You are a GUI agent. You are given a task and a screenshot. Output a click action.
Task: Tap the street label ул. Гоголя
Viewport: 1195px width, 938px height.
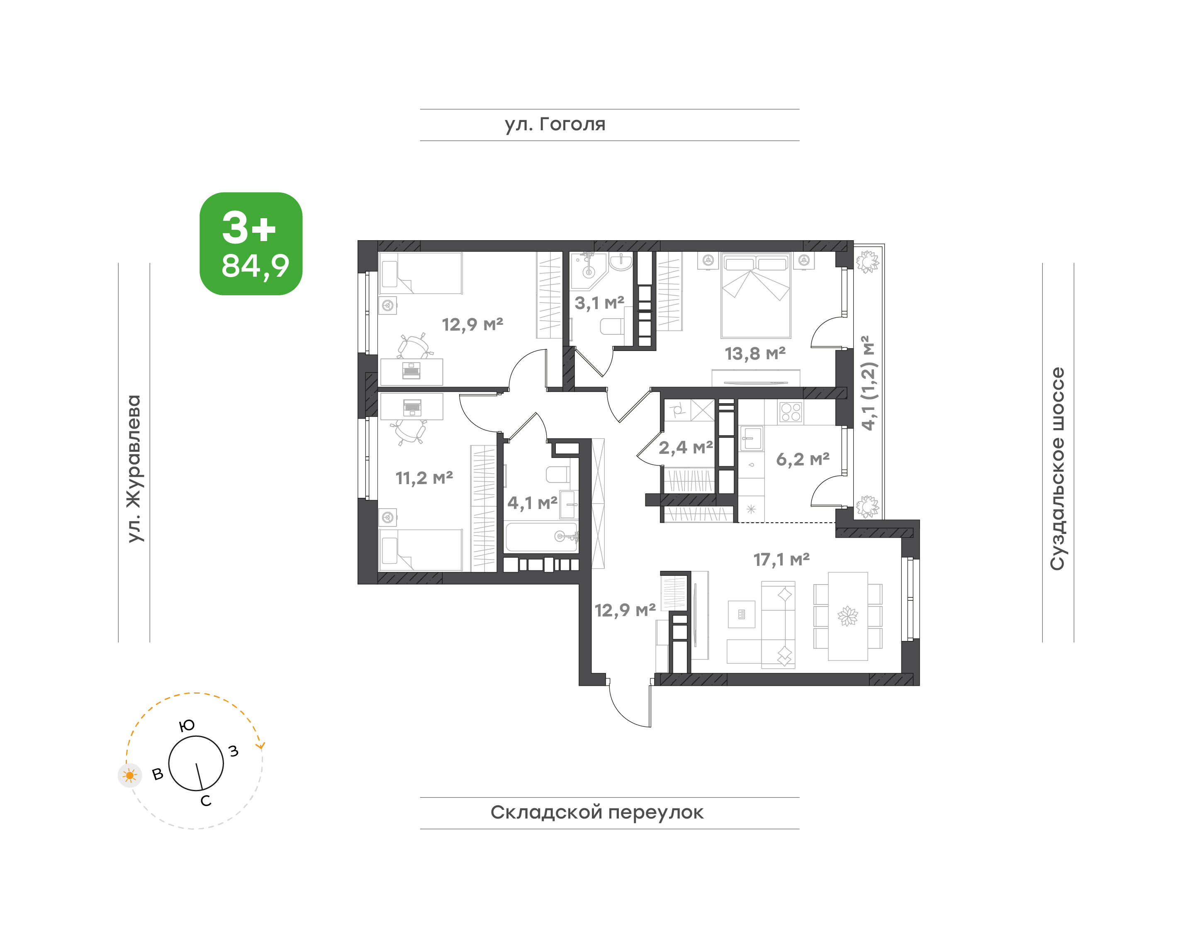[x=555, y=124]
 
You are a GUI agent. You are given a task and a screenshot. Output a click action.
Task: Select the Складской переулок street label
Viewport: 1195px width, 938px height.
[x=596, y=812]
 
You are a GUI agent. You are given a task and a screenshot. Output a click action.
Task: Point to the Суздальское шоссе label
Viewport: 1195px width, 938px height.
[x=1057, y=468]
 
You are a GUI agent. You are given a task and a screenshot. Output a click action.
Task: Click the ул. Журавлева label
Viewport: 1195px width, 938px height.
[x=134, y=468]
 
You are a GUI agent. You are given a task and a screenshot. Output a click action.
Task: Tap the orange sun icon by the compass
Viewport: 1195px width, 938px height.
[x=129, y=775]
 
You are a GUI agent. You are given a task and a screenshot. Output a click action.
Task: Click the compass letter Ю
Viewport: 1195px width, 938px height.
[x=187, y=726]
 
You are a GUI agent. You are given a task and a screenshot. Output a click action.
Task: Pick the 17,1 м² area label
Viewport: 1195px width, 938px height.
[x=781, y=559]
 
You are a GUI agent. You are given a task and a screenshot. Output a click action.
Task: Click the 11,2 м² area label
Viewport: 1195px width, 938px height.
[x=424, y=478]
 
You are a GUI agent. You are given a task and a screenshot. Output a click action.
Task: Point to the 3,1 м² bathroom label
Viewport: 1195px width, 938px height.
[x=599, y=302]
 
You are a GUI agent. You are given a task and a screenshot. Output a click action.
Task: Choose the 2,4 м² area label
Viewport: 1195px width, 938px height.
[x=685, y=448]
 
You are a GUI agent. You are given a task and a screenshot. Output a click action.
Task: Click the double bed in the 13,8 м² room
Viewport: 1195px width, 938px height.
[x=756, y=295]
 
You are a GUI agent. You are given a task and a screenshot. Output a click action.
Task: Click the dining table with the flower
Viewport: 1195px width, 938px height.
[x=848, y=616]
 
